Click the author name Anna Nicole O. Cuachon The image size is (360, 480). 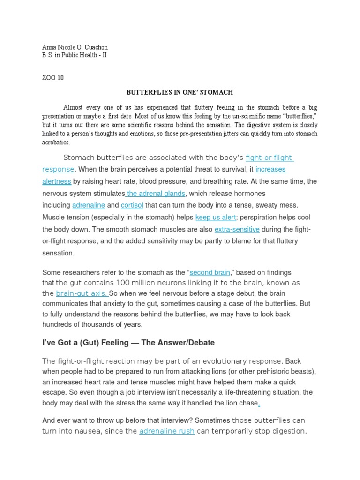point(75,48)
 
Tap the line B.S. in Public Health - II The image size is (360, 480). point(75,55)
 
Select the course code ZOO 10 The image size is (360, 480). point(52,78)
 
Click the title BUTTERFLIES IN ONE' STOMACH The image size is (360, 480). point(180,93)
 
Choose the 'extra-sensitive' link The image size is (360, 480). point(237,230)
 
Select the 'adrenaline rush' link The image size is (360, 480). point(167,431)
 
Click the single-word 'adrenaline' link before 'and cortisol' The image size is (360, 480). point(89,205)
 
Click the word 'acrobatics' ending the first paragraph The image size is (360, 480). point(55,142)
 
